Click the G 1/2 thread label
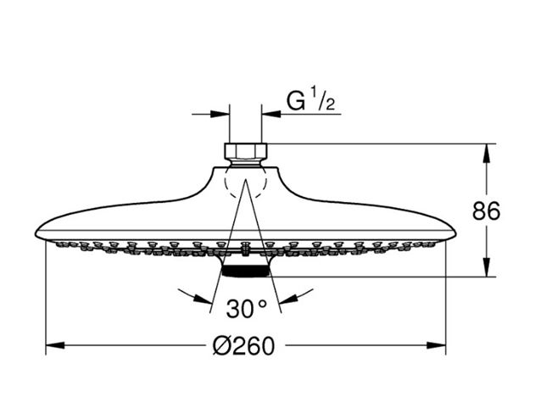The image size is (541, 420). click(x=310, y=100)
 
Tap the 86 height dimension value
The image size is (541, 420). click(x=486, y=211)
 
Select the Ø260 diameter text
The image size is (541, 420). click(x=244, y=346)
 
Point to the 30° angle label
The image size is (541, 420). click(x=246, y=309)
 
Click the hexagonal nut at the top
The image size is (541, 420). click(x=246, y=151)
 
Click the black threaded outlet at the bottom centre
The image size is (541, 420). click(x=245, y=272)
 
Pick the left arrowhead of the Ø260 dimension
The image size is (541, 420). click(x=55, y=345)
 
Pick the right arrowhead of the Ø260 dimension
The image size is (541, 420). click(x=436, y=345)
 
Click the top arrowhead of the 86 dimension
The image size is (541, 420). click(x=487, y=154)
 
